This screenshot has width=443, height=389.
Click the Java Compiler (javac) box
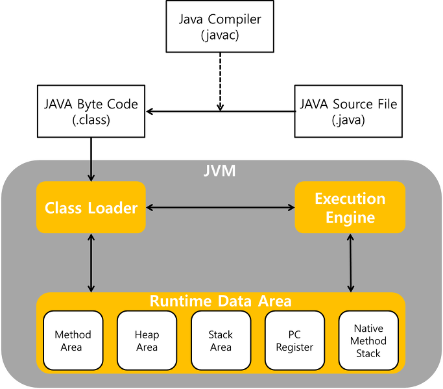tap(221, 26)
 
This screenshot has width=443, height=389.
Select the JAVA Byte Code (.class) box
tap(91, 111)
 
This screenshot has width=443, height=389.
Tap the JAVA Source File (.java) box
tap(348, 111)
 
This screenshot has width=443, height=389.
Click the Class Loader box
tap(91, 208)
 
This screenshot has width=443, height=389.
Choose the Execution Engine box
tap(350, 208)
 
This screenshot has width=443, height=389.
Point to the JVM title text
tap(220, 172)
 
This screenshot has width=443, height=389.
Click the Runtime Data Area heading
tap(221, 301)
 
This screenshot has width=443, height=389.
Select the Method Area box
tap(73, 341)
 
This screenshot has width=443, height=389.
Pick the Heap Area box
tap(147, 341)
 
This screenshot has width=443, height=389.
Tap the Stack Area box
tap(221, 341)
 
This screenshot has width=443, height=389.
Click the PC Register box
tap(294, 341)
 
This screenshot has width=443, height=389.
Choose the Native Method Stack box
tap(368, 341)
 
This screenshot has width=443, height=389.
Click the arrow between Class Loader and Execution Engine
tap(221, 208)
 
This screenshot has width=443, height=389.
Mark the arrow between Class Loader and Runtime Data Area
tap(91, 262)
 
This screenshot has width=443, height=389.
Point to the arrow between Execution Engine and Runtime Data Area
tap(351, 262)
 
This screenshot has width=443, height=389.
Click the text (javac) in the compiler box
tap(221, 34)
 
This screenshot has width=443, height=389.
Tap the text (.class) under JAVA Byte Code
tap(91, 120)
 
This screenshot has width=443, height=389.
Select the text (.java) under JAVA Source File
tap(348, 120)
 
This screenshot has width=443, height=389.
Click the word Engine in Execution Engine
tap(350, 218)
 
